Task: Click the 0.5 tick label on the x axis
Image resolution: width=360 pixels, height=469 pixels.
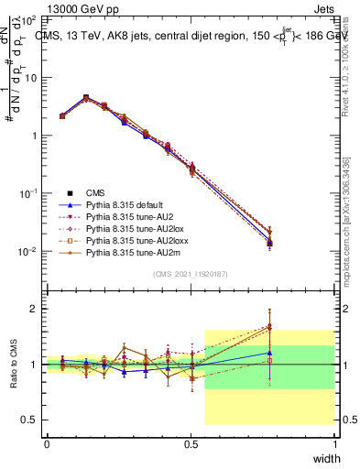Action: [x=191, y=443]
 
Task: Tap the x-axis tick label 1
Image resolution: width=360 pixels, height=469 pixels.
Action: [x=334, y=443]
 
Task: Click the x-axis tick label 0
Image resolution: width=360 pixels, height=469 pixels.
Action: [x=47, y=443]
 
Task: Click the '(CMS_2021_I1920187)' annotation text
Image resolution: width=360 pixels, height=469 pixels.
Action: [x=191, y=274]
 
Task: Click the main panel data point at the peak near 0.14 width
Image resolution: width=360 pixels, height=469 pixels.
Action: [x=86, y=97]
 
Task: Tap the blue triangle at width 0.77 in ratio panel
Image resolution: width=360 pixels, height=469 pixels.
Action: [x=269, y=353]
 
